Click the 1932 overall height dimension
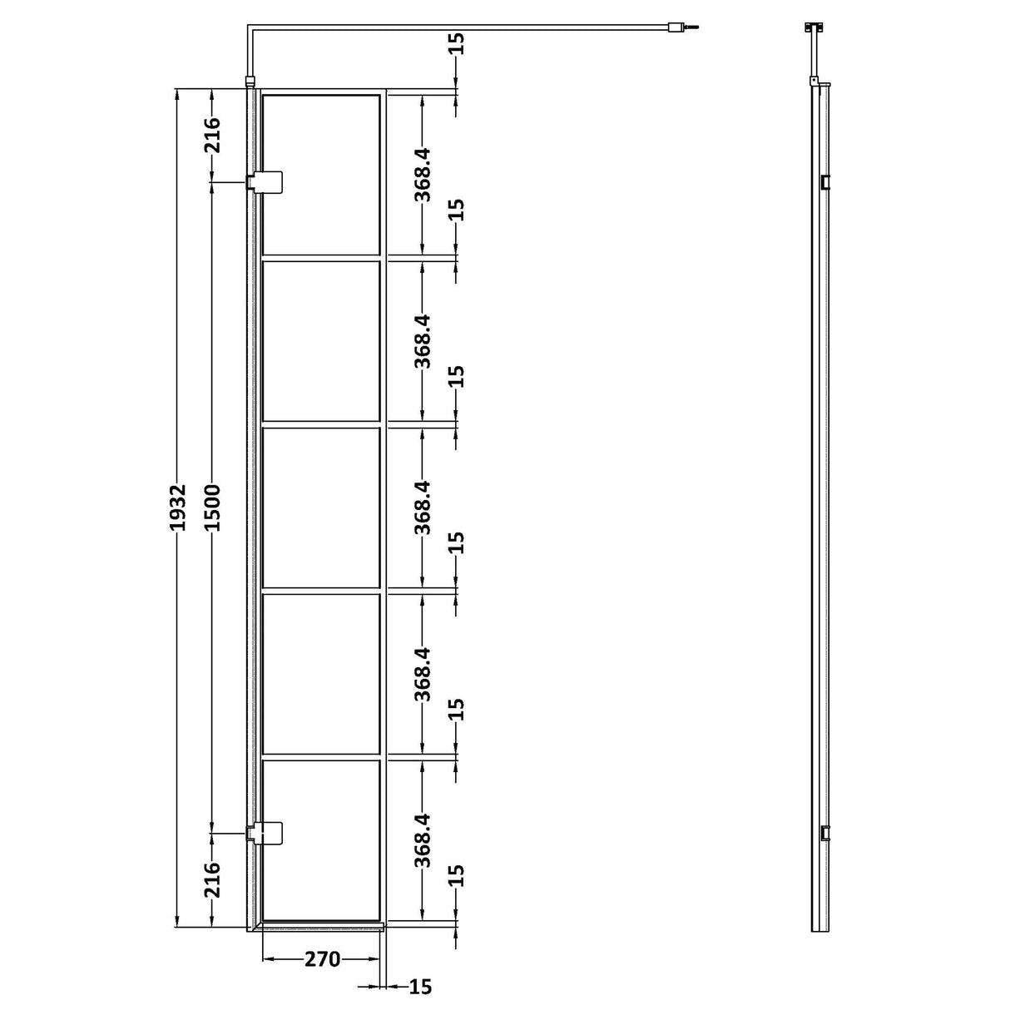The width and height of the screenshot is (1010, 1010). point(178,507)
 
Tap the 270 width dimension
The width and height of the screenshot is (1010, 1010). point(322,959)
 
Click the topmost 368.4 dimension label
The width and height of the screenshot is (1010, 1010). point(423,175)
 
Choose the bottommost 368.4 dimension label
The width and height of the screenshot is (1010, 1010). point(423,840)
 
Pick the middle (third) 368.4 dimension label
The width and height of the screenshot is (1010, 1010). point(423,507)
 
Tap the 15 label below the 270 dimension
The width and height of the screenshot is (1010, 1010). point(421,987)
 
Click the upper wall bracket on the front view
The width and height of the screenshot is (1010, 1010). point(265,181)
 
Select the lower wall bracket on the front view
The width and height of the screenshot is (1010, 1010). point(265,832)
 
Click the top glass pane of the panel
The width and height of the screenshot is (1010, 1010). point(321,175)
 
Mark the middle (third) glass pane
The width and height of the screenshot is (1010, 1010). point(321,507)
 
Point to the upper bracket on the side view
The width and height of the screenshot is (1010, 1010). point(824,182)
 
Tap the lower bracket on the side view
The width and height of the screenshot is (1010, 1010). point(824,832)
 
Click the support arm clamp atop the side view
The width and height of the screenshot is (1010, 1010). point(813,27)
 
